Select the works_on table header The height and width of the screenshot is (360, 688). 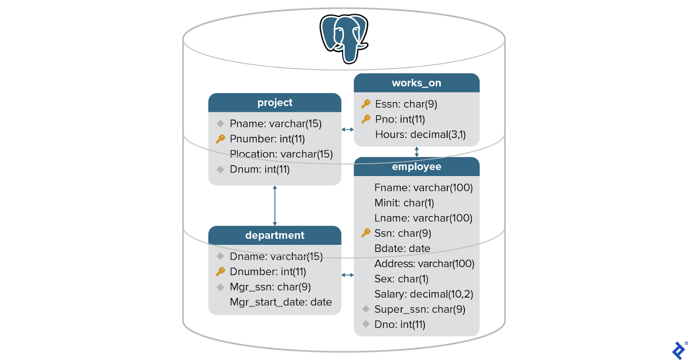416,83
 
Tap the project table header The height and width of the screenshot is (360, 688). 275,103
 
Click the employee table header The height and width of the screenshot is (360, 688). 416,167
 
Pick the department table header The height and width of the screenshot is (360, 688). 275,235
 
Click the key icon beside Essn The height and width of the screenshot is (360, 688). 366,104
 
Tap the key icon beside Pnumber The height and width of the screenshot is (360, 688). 221,139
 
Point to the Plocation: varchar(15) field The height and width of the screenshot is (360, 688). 281,154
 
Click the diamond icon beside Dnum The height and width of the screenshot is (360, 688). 221,169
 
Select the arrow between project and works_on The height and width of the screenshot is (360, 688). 347,129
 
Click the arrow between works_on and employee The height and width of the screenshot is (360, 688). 416,151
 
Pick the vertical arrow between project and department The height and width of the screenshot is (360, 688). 275,206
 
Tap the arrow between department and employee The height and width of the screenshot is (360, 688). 347,275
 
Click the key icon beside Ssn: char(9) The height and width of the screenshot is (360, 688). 366,233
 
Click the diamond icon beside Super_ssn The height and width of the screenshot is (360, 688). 366,309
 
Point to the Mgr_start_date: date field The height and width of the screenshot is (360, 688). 281,302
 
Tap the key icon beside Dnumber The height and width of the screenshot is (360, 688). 221,271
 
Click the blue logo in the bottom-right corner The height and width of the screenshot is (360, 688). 679,350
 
